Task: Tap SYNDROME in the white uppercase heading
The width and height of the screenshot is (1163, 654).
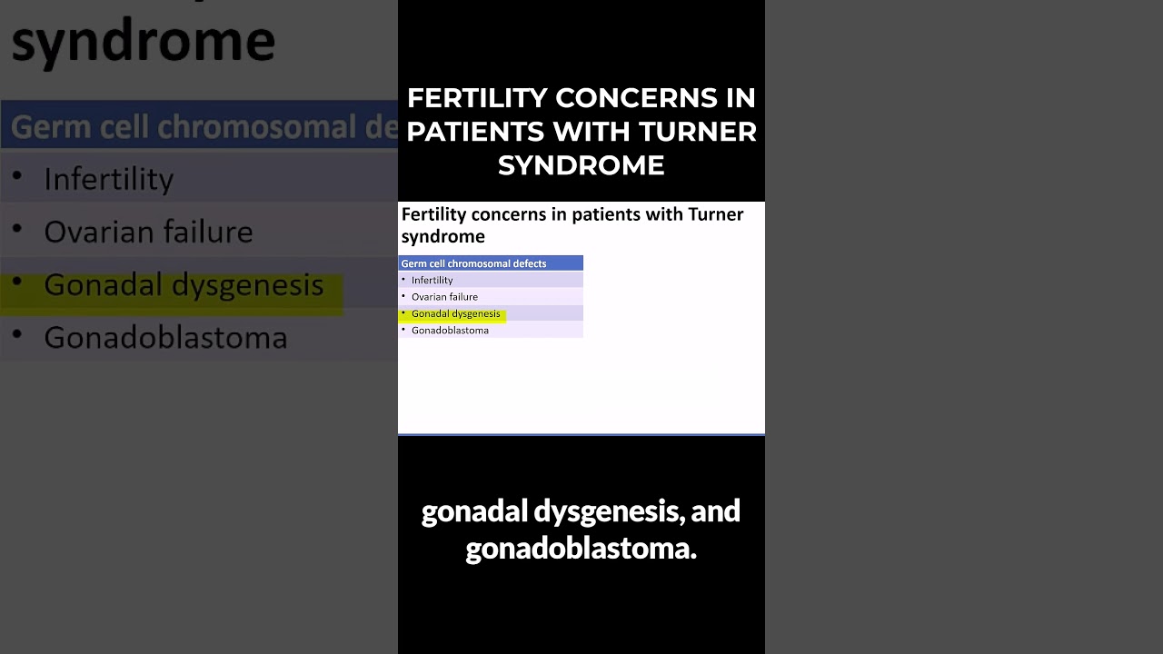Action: click(581, 165)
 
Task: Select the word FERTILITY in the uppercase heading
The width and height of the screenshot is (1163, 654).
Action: click(477, 98)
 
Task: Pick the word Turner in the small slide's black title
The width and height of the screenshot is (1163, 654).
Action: click(716, 214)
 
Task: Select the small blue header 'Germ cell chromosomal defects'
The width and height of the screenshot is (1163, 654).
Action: click(473, 263)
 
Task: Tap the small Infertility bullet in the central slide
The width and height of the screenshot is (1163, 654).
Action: click(432, 281)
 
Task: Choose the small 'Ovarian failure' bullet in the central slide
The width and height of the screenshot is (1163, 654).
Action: click(444, 297)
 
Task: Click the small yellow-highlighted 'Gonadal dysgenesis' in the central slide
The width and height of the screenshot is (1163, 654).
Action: click(455, 313)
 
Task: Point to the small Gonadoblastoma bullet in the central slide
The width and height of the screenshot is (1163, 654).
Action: click(450, 331)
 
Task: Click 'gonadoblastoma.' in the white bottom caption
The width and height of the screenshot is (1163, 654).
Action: click(581, 549)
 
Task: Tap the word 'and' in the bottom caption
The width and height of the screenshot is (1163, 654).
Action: click(716, 511)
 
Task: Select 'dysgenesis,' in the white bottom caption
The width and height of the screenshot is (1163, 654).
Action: click(608, 511)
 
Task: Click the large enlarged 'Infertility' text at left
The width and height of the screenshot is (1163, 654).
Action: click(108, 179)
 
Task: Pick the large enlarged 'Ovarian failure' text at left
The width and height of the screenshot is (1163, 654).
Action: click(148, 232)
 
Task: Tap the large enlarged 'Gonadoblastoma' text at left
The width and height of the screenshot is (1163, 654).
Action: click(165, 338)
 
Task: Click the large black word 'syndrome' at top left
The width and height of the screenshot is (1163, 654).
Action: click(143, 41)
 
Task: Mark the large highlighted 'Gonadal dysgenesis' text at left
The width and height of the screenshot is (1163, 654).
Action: click(184, 285)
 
